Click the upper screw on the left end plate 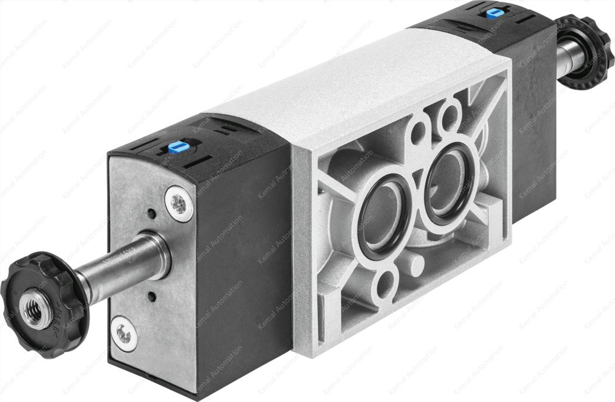point(179,203)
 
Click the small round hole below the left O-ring point(386,285)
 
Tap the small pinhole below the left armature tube point(152,297)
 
